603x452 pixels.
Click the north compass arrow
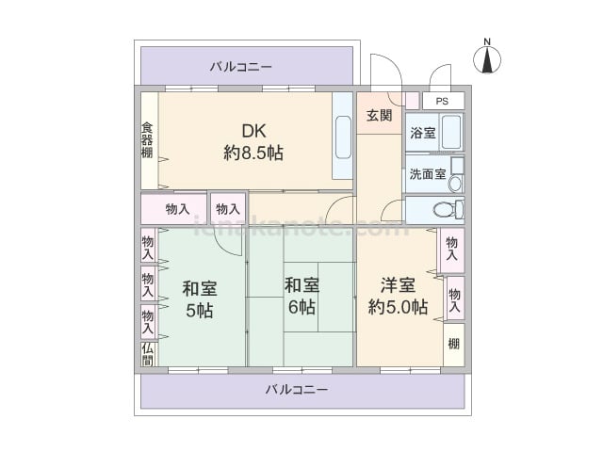[x=487, y=60]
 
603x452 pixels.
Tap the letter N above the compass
[x=487, y=40]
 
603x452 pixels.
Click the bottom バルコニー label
[x=296, y=389]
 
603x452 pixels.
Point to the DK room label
[x=253, y=131]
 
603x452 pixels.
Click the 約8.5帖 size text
[x=253, y=153]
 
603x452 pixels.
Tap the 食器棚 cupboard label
[x=148, y=138]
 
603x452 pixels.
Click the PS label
[x=442, y=102]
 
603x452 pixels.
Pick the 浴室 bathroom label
[x=422, y=133]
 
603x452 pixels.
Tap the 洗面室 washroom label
[x=427, y=174]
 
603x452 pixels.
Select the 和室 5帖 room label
[x=199, y=299]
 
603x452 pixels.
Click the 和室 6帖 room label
[x=301, y=295]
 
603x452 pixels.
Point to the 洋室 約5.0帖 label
[x=397, y=296]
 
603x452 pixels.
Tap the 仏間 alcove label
[x=148, y=354]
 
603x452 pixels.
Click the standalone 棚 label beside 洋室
[x=454, y=344]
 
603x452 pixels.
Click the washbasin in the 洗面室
[x=457, y=175]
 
